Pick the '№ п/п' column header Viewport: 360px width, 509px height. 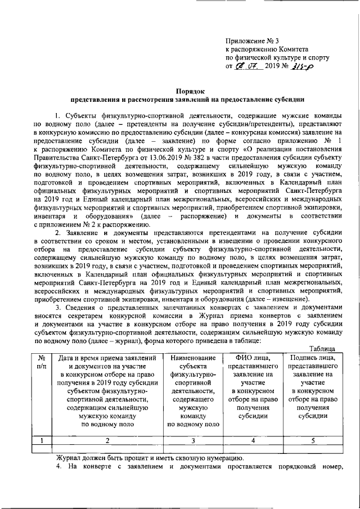point(41,362)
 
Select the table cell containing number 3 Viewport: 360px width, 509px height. point(192,440)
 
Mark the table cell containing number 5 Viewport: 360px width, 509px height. point(313,440)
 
